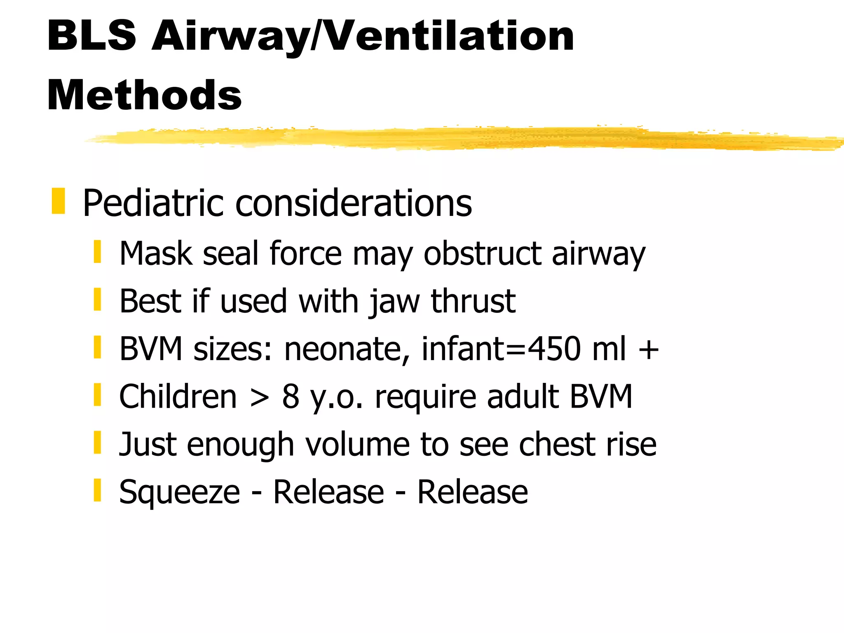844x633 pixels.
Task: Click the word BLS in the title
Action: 91,36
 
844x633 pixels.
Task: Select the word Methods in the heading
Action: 144,96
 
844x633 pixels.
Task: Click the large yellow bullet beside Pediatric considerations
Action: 58,201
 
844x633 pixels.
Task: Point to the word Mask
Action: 156,253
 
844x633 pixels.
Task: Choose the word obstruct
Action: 482,253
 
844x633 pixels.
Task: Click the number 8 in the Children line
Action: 291,396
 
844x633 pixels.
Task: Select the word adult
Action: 523,396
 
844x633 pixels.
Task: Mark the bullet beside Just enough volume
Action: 97,443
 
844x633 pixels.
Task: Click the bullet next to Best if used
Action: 97,299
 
